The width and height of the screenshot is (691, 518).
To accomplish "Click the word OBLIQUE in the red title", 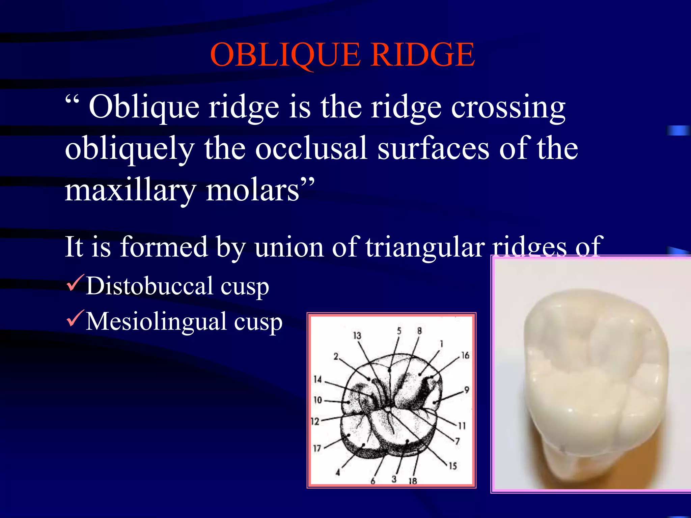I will click(285, 55).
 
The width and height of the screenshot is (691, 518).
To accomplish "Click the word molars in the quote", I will click(253, 191).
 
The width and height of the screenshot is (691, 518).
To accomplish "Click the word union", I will click(288, 247).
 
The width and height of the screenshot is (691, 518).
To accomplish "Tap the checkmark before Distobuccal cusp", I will click(75, 283).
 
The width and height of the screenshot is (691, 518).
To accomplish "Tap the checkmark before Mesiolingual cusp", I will click(75, 319).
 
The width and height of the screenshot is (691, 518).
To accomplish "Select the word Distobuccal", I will click(149, 286).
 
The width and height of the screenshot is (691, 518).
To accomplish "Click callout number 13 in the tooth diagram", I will click(357, 336).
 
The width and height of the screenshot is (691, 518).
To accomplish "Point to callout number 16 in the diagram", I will click(465, 355).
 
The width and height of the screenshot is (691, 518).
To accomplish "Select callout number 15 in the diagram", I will click(452, 466).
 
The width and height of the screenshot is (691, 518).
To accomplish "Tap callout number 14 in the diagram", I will click(317, 379).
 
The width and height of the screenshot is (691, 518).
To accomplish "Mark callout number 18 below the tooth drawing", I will click(413, 481).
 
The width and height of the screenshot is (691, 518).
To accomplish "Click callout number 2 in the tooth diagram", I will click(336, 357).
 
